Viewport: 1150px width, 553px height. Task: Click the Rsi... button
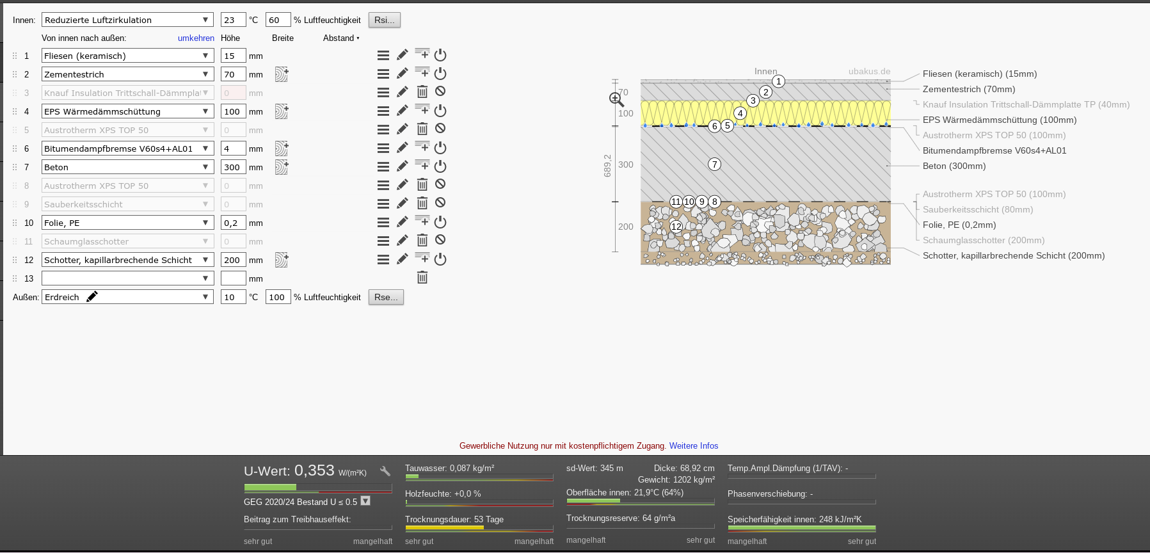tap(385, 20)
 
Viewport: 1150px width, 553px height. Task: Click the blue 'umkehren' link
tap(196, 38)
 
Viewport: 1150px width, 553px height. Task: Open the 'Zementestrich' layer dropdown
tap(128, 74)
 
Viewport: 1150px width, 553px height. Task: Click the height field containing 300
tap(233, 167)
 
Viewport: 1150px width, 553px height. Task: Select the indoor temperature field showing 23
tap(233, 20)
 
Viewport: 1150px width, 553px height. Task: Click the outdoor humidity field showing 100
tap(278, 297)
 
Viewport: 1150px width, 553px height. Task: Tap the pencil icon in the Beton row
tap(403, 166)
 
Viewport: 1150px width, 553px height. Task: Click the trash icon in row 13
tap(422, 278)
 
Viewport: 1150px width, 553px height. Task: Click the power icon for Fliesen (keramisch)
tap(440, 55)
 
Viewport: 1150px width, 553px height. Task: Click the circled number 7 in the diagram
tap(715, 164)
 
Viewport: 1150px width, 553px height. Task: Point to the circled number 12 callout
tap(676, 226)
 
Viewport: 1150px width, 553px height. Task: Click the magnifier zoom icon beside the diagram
tap(616, 99)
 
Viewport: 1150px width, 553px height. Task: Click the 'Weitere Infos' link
tap(694, 445)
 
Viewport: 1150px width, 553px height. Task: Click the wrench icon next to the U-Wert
tap(385, 471)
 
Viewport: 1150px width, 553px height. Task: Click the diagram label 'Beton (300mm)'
tap(954, 166)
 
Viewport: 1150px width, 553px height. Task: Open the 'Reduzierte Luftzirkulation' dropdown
tap(128, 20)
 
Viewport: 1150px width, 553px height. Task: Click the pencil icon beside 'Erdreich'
tap(92, 296)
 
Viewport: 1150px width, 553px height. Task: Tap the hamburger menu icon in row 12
tap(383, 259)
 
